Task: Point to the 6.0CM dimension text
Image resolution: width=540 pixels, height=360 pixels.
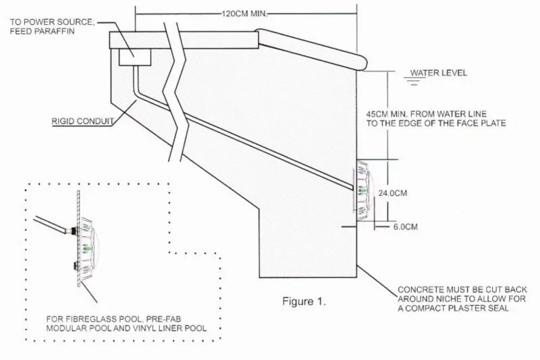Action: pyautogui.click(x=405, y=227)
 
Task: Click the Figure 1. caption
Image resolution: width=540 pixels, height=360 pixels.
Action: pyautogui.click(x=304, y=302)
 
